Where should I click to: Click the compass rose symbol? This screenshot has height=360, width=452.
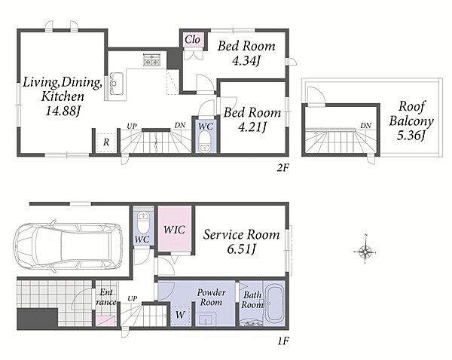pos(365,252)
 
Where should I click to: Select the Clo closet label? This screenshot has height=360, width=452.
pos(193,39)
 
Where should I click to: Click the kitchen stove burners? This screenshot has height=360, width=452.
pos(151,59)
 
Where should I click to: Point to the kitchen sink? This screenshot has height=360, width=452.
pos(117,84)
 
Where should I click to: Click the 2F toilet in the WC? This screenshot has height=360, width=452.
pos(205,142)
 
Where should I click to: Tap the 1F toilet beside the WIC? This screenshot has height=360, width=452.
pos(142,221)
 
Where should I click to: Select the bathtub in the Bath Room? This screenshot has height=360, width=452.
pos(274,304)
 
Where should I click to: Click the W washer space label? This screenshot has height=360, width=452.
pos(180,315)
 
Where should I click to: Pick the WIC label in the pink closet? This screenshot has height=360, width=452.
pos(175,230)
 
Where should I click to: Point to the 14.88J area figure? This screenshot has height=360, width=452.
pos(63,111)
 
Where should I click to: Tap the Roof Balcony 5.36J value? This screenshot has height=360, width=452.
pos(411,135)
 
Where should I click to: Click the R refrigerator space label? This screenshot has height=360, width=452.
pos(106,142)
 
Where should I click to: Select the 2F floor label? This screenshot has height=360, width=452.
pos(282,167)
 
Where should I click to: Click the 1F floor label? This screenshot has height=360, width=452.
pos(283,341)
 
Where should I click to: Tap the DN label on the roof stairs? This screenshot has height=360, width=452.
pos(366,126)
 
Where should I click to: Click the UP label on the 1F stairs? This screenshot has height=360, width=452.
pos(132,298)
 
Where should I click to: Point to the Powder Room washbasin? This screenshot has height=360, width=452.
pos(206,320)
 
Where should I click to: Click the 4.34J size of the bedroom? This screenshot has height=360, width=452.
pos(246,61)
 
